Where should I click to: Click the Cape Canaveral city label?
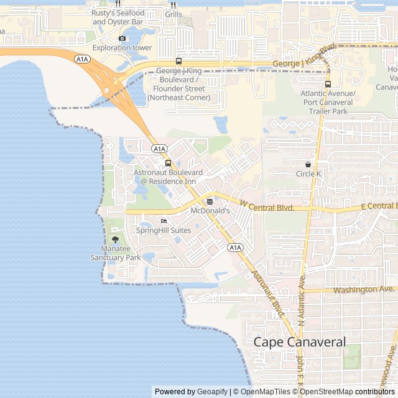299,342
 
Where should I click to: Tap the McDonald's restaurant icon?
210,201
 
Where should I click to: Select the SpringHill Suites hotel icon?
164,221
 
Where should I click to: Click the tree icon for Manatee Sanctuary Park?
115,239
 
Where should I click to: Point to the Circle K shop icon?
308,164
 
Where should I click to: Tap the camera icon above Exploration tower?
122,39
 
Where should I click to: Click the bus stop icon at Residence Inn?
168,164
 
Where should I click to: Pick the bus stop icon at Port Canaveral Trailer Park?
328,84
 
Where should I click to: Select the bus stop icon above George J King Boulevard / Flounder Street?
178,61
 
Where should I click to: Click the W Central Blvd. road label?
267,206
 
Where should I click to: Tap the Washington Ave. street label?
364,290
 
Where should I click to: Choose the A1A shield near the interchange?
81,58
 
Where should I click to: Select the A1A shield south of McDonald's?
234,248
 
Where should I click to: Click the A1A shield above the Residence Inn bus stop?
159,149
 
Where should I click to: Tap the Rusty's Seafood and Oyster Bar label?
118,17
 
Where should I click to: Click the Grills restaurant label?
174,14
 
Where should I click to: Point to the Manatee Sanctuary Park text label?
116,253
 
